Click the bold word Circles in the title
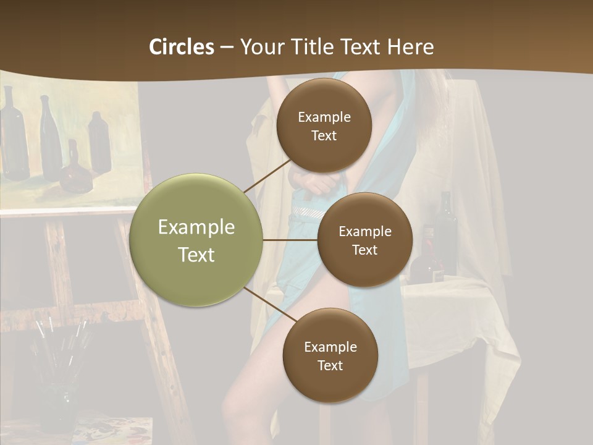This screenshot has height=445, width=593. tap(181, 47)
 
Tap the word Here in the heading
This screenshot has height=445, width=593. tap(410, 47)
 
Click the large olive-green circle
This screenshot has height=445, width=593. tap(196, 240)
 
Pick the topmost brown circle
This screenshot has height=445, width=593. tap(324, 125)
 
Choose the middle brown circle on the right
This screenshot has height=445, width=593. tap(364, 240)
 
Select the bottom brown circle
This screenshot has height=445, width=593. tap(330, 355)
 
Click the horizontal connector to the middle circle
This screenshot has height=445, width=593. tap(290, 240)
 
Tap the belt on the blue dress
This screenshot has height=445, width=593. tap(308, 212)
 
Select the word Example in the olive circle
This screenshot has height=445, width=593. tap(196, 227)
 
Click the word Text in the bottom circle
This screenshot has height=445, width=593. tap(330, 365)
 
